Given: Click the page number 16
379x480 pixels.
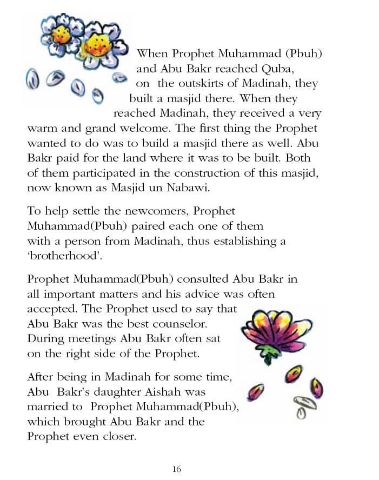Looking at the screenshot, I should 177,469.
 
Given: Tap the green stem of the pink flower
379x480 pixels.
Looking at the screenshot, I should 269,355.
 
